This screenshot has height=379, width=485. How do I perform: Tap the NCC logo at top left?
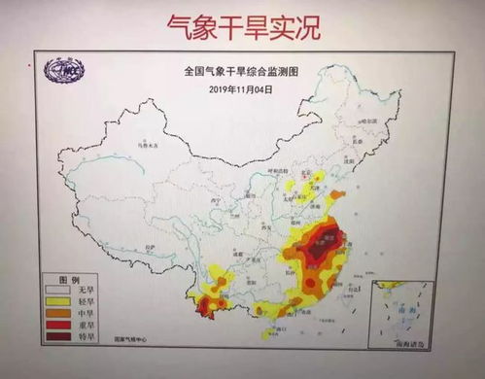[x=70, y=71]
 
